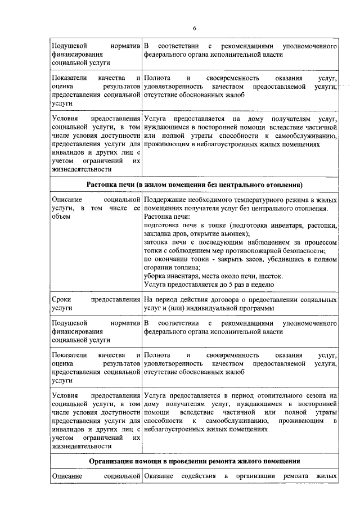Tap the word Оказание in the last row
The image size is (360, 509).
pyautogui.click(x=159, y=478)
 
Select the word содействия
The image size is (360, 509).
pyautogui.click(x=197, y=478)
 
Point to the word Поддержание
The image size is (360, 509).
pyautogui.click(x=166, y=200)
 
